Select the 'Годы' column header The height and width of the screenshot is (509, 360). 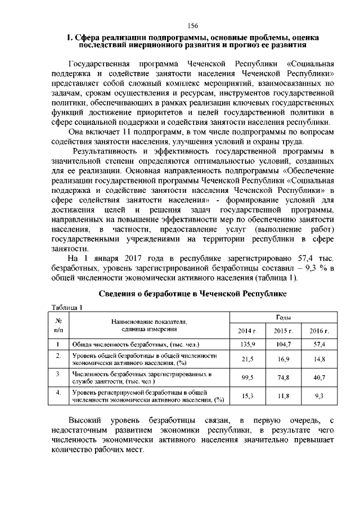tap(283, 318)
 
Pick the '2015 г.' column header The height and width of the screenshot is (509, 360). tap(283, 331)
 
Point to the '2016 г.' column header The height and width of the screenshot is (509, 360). tap(319, 331)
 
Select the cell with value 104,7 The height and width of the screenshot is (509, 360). tap(283, 344)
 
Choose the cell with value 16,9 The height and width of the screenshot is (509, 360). tap(283, 359)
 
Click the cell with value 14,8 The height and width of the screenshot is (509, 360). tap(319, 359)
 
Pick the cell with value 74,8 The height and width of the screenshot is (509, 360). tap(283, 377)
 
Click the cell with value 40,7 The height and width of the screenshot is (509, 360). tap(319, 377)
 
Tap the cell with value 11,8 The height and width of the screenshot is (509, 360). tap(283, 396)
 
